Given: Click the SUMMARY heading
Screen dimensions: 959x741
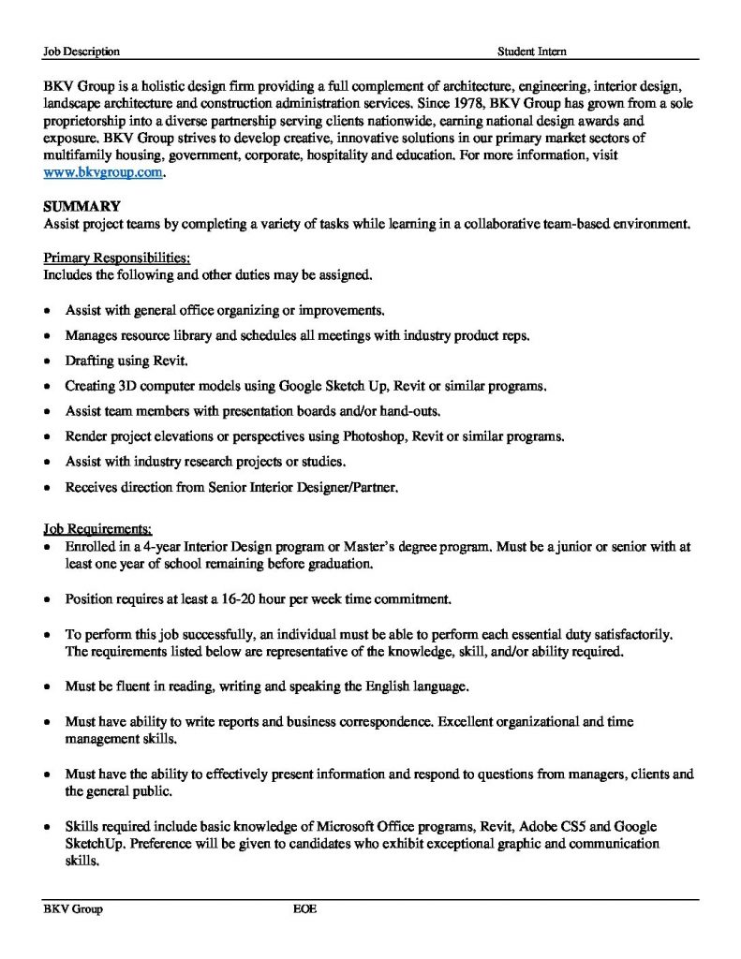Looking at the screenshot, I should pos(81,207).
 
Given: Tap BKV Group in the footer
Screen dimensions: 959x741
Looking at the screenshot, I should pos(73,909).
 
